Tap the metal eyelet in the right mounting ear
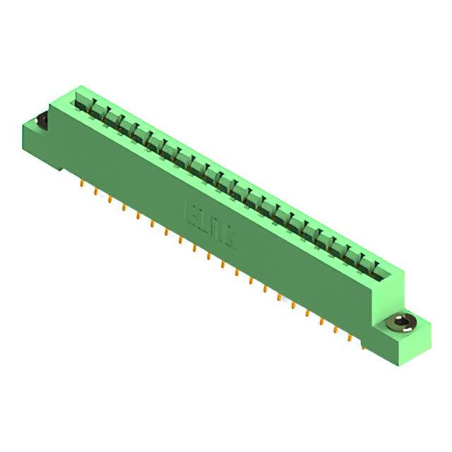(x=402, y=324)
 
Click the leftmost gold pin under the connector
(x=82, y=185)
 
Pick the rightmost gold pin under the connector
(x=362, y=345)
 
